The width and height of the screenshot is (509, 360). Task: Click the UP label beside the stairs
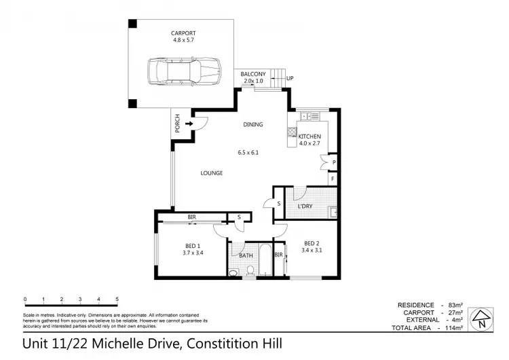coord(290,79)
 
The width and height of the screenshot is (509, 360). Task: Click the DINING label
coord(253,124)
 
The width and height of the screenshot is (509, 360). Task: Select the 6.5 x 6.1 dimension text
coord(248,152)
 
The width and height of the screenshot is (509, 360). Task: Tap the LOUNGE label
coord(212,173)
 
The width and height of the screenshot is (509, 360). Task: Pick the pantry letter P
coord(333,163)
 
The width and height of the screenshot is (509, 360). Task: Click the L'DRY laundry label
coord(305,206)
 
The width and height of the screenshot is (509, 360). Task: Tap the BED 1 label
coord(192,245)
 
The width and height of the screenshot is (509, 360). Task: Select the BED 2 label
coord(311,243)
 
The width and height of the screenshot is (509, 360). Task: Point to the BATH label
coord(246,256)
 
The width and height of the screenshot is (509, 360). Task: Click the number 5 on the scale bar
coord(117,299)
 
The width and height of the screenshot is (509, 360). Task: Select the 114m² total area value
coord(453,328)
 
